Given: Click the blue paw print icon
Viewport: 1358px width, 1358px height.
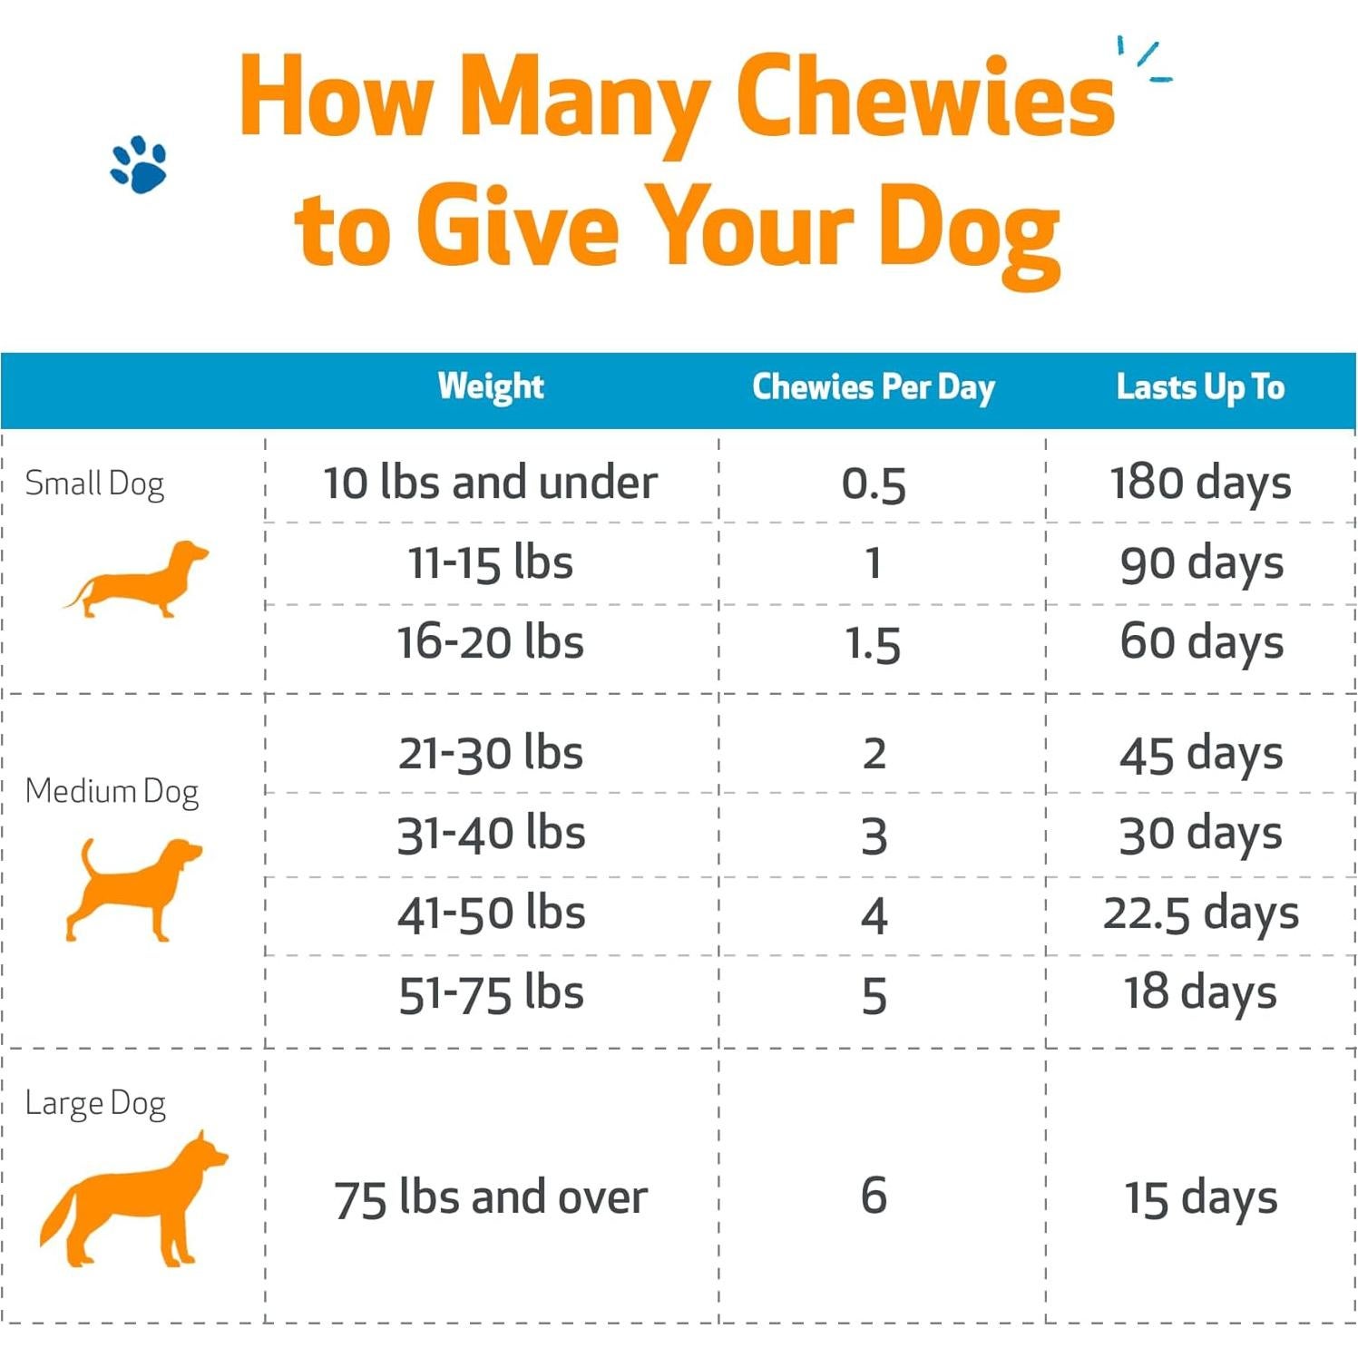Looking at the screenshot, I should tap(139, 165).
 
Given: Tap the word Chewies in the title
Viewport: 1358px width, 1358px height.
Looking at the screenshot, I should tap(924, 98).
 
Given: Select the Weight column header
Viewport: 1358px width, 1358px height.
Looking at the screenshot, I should tap(491, 386).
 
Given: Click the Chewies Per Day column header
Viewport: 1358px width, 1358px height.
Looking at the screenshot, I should tap(874, 387).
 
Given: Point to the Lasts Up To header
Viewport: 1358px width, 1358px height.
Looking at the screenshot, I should tap(1200, 387).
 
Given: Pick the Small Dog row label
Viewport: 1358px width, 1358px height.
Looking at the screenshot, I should tap(94, 484).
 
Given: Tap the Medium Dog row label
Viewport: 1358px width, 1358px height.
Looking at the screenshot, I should tap(112, 791).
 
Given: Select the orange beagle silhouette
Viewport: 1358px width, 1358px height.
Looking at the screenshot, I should tap(133, 889).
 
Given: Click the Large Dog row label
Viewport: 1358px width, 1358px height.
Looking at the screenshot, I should tap(95, 1103).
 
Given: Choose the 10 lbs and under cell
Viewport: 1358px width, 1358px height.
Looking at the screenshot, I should tap(490, 482).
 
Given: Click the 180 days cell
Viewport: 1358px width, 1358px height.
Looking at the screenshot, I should tap(1200, 482).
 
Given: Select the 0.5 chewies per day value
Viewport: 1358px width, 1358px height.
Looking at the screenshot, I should tap(874, 484).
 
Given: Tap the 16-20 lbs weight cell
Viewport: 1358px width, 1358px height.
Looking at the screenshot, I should tap(490, 642).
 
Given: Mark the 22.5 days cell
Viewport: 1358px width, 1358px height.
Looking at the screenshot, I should tap(1200, 913).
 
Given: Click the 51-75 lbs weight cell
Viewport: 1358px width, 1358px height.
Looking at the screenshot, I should tap(491, 993).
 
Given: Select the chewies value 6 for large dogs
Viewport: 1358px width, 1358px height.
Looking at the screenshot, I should tap(874, 1196).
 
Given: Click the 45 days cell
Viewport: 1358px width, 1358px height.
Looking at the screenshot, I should tap(1200, 754).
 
